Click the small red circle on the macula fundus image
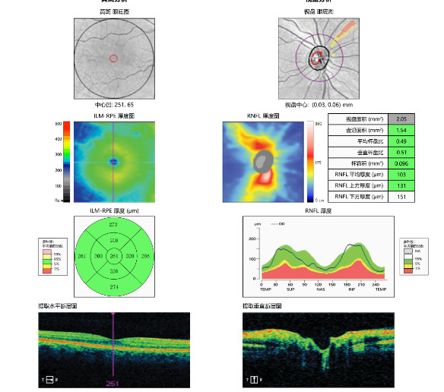[114, 58]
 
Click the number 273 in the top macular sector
[113, 226]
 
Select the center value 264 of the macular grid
[113, 256]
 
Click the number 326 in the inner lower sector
[113, 271]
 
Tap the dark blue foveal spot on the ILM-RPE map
[113, 161]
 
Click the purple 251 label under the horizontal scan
[113, 384]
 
